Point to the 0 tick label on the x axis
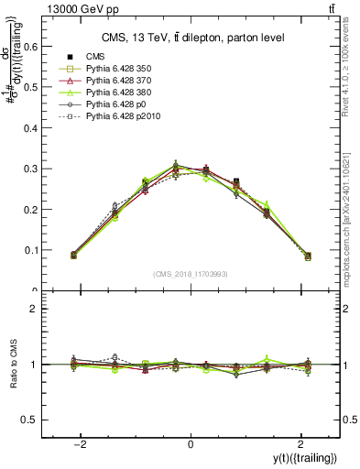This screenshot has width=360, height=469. [x=191, y=444]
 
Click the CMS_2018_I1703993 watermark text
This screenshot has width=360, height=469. [x=191, y=274]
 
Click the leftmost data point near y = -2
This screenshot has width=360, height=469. [x=74, y=255]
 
